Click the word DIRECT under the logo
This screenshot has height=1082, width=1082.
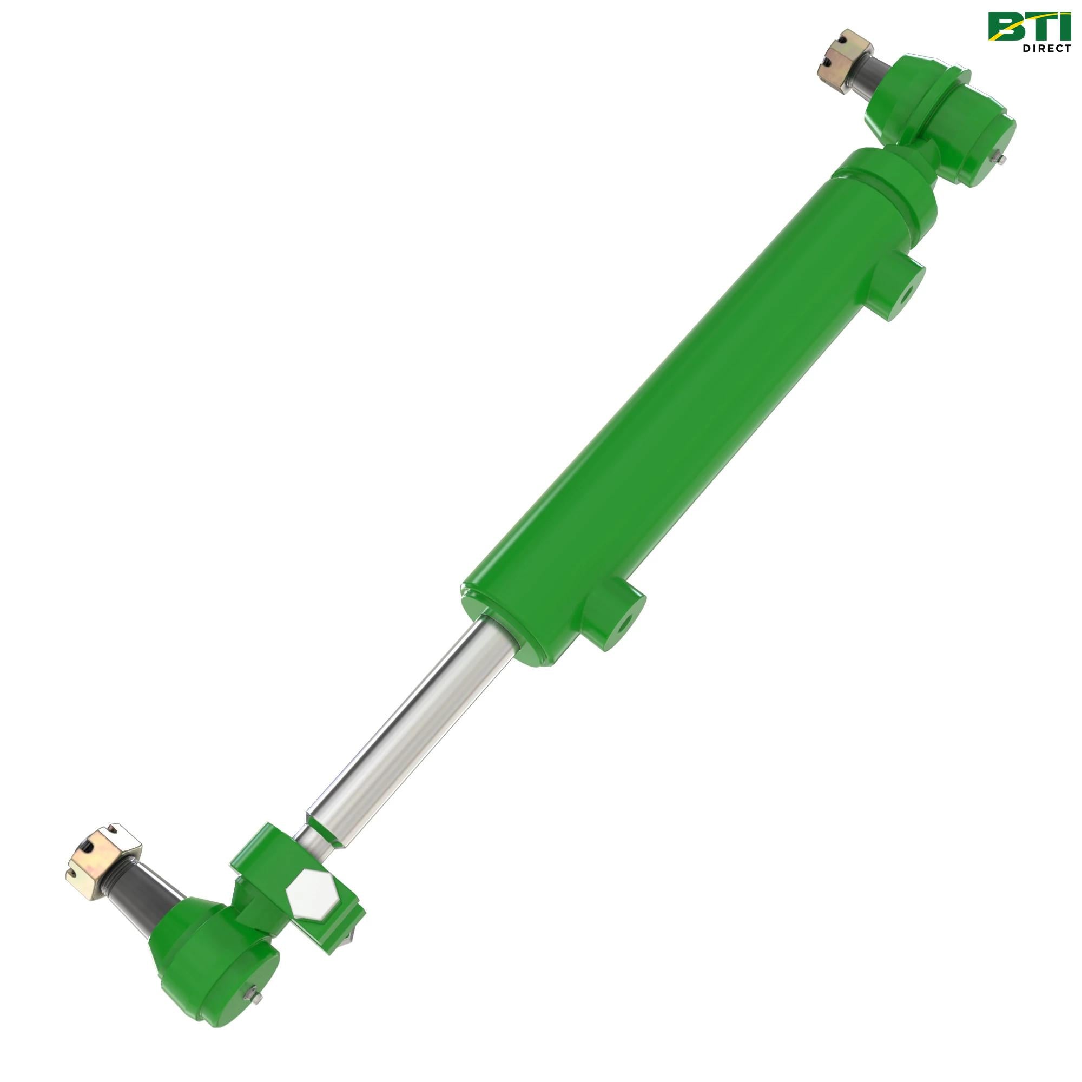[x=1047, y=48]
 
